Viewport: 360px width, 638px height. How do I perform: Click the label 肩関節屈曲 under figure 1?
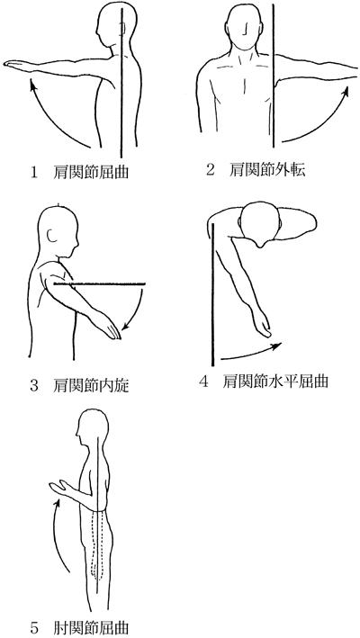click(x=91, y=173)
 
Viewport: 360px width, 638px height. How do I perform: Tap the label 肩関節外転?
click(x=267, y=170)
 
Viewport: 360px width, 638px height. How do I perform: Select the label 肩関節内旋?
click(x=91, y=385)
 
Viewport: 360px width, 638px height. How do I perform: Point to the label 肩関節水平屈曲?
click(x=275, y=382)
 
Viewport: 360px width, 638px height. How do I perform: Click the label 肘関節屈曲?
click(x=91, y=626)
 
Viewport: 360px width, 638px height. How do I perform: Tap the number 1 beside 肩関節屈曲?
click(x=34, y=173)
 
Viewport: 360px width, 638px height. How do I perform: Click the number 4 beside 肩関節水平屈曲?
click(x=203, y=382)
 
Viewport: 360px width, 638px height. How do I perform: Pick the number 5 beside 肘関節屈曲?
click(x=34, y=627)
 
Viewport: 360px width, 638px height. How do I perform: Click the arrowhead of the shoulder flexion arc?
click(x=32, y=85)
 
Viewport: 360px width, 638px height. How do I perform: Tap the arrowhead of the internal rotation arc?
click(x=126, y=325)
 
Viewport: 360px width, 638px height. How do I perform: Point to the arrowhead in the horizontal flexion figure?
click(x=275, y=346)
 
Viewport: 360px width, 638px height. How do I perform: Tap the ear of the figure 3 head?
click(x=52, y=236)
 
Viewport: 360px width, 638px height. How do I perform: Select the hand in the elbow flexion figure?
click(x=59, y=488)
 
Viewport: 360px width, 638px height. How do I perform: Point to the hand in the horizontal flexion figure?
click(x=263, y=326)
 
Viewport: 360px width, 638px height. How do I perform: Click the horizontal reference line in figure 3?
click(x=100, y=283)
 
